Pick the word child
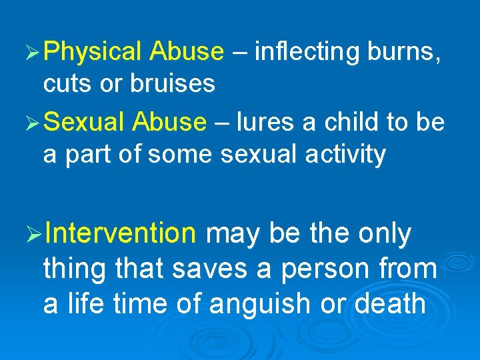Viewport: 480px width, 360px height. coord(359,122)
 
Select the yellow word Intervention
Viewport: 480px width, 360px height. coord(121,234)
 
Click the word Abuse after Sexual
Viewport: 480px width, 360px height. coord(170,122)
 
